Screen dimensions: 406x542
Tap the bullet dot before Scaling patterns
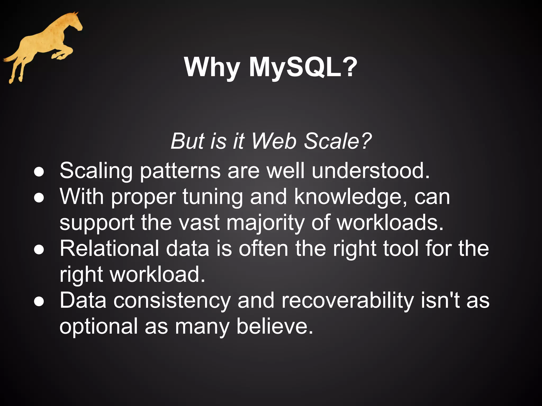39,172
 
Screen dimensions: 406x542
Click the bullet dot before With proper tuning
39,198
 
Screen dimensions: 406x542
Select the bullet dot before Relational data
39,250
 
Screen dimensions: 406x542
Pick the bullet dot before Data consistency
39,302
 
